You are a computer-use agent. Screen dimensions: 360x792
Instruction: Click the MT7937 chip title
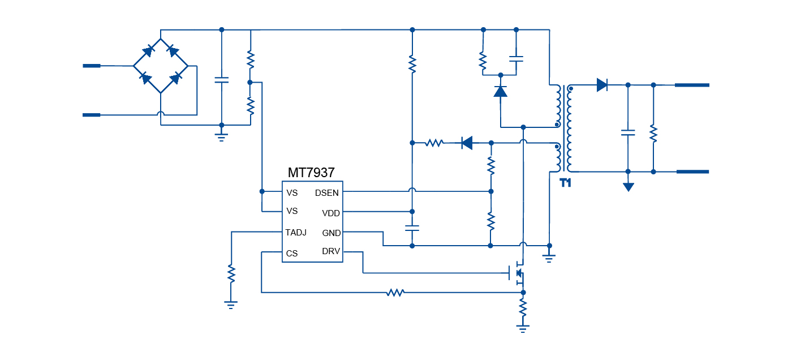[x=311, y=172]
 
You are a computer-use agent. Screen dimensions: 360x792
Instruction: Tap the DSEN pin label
[x=326, y=193]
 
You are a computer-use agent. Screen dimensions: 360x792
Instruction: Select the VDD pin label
[x=331, y=213]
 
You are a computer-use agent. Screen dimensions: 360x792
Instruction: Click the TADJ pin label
[x=296, y=232]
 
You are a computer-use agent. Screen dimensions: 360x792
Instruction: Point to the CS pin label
[x=291, y=254]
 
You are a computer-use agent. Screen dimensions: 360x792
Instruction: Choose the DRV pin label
[x=331, y=251]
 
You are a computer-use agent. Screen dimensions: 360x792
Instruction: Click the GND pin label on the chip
[x=331, y=233]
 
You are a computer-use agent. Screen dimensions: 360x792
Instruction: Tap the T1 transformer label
[x=566, y=183]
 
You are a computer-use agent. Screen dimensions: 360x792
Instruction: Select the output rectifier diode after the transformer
[x=602, y=85]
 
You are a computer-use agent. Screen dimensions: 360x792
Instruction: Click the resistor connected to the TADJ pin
[x=230, y=274]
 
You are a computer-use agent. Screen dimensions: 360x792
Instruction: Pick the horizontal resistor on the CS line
[x=395, y=293]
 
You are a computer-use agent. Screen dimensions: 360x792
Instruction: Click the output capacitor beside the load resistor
[x=627, y=133]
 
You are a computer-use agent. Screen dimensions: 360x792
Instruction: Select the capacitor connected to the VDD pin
[x=412, y=229]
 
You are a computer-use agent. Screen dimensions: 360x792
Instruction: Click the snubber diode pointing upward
[x=500, y=91]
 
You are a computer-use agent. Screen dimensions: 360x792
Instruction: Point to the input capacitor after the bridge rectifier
[x=221, y=80]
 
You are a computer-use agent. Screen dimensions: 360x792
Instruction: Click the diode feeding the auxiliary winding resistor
[x=467, y=143]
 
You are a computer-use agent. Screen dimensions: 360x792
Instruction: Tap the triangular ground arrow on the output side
[x=628, y=187]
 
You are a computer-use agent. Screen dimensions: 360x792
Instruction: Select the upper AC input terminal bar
[x=92, y=66]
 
